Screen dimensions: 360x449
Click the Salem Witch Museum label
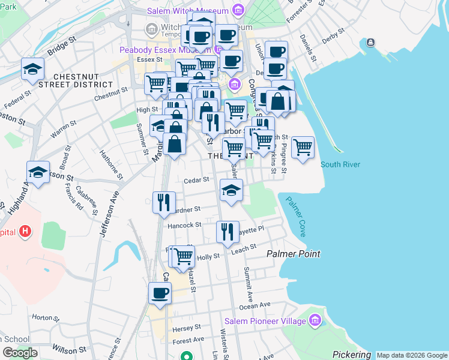coord(189,11)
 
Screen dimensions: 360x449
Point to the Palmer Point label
coord(293,254)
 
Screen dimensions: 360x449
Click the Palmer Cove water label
coord(295,217)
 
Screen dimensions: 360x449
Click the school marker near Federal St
coord(32,68)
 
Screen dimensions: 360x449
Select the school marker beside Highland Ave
coord(38,173)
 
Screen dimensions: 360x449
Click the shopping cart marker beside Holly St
coord(184,256)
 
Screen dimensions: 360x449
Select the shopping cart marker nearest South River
coord(303,147)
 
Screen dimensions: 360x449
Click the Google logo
coord(19,353)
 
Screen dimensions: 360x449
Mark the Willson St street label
coord(64,349)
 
